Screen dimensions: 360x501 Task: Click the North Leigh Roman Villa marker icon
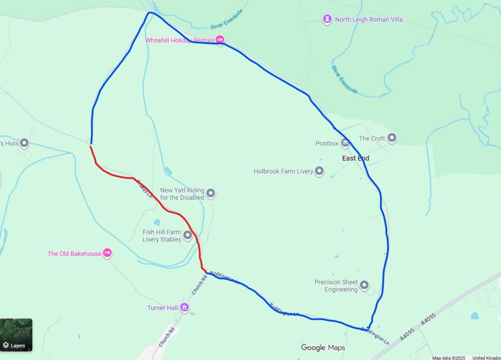327,19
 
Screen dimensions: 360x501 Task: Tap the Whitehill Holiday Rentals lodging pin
220,40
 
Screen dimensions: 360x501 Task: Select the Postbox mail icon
345,143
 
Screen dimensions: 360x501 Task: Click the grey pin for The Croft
392,138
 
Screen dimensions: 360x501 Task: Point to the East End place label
356,158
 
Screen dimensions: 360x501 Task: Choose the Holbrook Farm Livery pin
319,171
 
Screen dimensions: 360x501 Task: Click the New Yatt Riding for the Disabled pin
211,194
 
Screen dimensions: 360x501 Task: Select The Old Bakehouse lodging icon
108,253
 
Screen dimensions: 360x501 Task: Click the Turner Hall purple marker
184,308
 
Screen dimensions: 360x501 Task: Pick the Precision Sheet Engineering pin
364,286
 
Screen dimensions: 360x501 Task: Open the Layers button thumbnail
17,335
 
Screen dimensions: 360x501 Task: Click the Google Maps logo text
323,348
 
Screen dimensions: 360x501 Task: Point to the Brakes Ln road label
145,189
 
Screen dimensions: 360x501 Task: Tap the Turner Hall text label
162,308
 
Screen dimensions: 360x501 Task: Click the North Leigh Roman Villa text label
369,20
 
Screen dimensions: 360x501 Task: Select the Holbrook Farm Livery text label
283,172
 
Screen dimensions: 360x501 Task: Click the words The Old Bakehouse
74,254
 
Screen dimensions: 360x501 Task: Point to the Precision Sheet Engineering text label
336,286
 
